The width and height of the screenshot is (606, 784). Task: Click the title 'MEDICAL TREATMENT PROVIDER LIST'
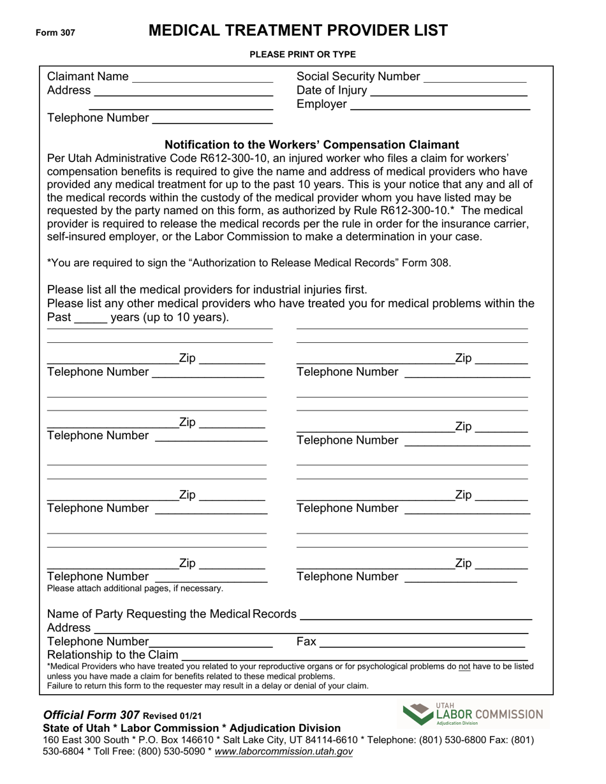point(298,31)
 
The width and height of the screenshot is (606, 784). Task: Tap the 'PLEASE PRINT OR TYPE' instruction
point(302,55)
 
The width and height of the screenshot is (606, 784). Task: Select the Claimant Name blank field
point(202,78)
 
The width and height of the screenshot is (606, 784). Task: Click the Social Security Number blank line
point(475,78)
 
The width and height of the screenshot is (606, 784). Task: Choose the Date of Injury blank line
point(448,91)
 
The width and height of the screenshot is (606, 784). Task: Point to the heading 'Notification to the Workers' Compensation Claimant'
point(312,145)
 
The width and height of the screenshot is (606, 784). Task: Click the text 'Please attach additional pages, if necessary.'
point(135,588)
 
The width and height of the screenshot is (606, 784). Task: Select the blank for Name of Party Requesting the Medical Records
point(415,615)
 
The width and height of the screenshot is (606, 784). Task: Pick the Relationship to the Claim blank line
point(355,655)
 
